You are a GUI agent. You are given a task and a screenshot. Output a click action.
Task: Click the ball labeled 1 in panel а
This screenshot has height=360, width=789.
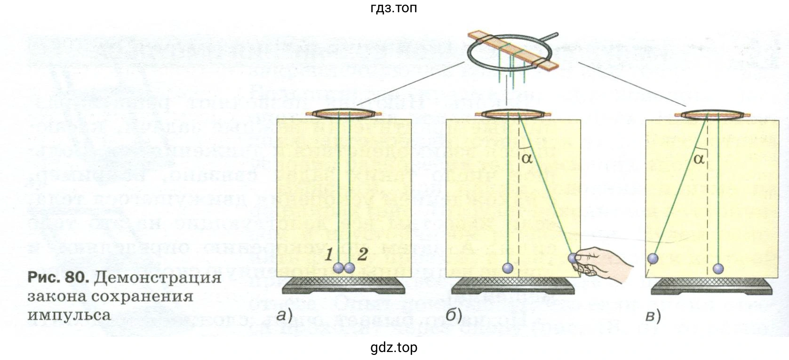(339, 268)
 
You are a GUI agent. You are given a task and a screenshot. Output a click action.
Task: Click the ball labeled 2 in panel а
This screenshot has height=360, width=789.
(350, 268)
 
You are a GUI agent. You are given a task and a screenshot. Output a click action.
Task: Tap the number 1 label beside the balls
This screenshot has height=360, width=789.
(330, 255)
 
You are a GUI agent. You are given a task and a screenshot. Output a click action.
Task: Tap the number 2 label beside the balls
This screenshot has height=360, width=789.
(362, 255)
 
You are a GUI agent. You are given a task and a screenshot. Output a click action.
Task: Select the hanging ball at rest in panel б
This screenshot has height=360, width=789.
(508, 268)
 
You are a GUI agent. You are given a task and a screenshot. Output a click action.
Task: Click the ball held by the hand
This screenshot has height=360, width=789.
(573, 258)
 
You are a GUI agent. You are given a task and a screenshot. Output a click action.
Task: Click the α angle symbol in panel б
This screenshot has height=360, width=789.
(527, 158)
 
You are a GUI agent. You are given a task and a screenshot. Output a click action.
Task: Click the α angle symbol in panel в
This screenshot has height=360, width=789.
(699, 158)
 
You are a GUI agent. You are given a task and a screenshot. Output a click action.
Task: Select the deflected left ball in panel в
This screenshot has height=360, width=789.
(653, 258)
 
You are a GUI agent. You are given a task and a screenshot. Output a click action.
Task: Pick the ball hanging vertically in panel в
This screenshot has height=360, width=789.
(718, 268)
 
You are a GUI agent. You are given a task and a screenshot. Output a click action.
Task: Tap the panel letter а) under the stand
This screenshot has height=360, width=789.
(284, 315)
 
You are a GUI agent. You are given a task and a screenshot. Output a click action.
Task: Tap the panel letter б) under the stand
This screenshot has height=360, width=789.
(454, 315)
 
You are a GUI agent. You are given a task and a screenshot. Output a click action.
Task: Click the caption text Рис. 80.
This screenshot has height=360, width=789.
(58, 277)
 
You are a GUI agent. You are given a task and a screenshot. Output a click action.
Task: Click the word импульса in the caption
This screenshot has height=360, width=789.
(69, 314)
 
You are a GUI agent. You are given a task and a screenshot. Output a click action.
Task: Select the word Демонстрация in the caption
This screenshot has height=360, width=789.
(158, 278)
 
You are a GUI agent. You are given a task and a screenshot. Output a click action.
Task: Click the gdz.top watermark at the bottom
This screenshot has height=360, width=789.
(394, 348)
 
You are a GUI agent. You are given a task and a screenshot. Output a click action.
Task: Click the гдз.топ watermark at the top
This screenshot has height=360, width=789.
(394, 8)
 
